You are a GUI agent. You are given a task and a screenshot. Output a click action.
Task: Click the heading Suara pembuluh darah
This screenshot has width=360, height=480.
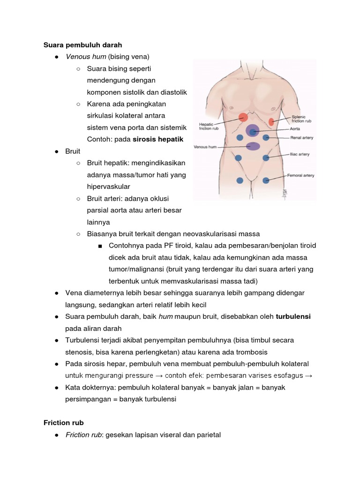[82, 45]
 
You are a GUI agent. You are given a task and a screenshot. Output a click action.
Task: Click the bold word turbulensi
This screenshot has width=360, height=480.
[293, 316]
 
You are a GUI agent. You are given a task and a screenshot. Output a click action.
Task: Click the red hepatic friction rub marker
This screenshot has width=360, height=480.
[243, 118]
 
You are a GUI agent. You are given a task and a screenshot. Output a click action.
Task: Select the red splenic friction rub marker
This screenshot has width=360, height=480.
[271, 122]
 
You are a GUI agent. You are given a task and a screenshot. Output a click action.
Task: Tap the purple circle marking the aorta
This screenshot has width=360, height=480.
[253, 130]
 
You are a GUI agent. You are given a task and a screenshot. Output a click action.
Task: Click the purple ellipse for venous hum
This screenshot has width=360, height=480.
[253, 146]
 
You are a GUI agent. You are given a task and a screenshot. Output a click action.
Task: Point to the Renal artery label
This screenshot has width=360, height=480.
[301, 138]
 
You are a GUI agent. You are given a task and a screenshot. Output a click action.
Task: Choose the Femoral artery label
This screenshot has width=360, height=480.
[300, 176]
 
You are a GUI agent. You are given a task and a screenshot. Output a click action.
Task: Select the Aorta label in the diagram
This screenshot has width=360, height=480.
[295, 128]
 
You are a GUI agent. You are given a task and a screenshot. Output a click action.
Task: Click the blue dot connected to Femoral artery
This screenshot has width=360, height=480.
[266, 180]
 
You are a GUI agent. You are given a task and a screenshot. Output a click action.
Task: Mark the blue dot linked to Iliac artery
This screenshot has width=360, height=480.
[266, 158]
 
